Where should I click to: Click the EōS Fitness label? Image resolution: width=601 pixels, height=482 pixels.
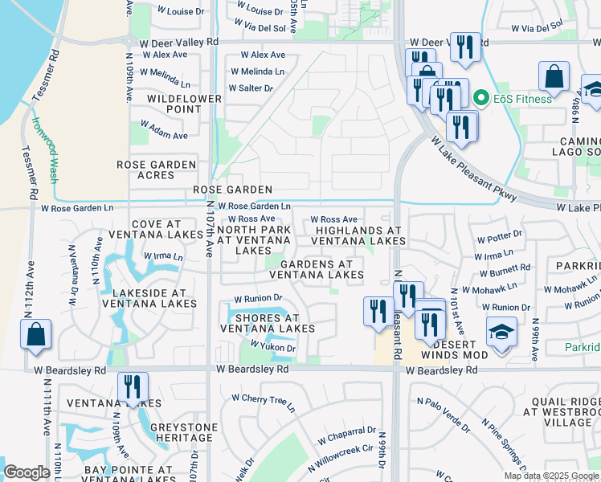523,99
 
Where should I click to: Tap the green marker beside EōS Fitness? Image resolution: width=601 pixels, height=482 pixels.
482,99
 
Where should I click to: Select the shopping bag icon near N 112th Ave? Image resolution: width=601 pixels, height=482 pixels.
36,336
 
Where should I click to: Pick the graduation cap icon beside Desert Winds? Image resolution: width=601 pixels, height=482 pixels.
501,333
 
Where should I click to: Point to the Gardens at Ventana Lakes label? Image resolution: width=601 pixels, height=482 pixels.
317,269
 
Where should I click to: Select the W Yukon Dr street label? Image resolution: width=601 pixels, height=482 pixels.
273,348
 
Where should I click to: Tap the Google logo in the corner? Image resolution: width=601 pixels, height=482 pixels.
27,472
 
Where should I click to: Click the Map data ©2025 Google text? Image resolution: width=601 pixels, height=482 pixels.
550,476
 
